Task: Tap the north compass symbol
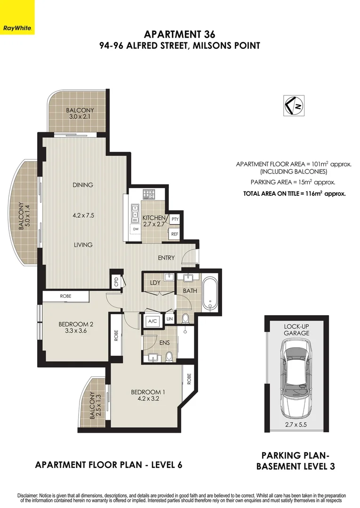pyautogui.click(x=294, y=105)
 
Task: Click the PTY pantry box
pyautogui.click(x=175, y=219)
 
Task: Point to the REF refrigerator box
pyautogui.click(x=175, y=234)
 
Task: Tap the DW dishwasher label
pyautogui.click(x=136, y=229)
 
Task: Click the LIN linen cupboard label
pyautogui.click(x=170, y=319)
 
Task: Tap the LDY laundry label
pyautogui.click(x=155, y=282)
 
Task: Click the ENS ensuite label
pyautogui.click(x=164, y=343)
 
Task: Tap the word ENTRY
pyautogui.click(x=166, y=258)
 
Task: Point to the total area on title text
pyautogui.click(x=294, y=193)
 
